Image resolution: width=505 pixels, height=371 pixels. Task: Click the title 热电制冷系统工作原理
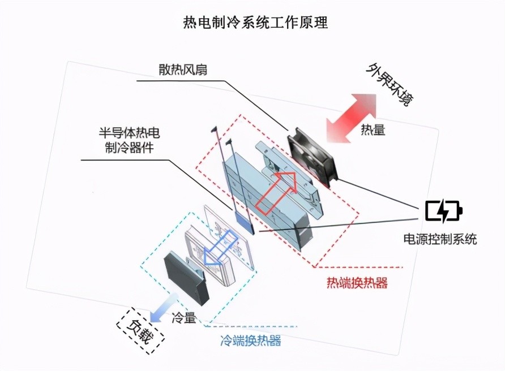tap(255, 23)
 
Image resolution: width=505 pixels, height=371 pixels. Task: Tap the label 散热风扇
tap(183, 70)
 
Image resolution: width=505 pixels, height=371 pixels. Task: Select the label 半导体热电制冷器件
tap(130, 140)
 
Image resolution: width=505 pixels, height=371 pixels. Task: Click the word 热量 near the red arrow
tap(373, 130)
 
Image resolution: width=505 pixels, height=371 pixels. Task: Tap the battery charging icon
tap(444, 211)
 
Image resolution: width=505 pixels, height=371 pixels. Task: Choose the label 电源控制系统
tap(440, 239)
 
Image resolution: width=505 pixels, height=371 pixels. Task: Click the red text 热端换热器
tap(357, 283)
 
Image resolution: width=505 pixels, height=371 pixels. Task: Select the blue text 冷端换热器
tap(251, 340)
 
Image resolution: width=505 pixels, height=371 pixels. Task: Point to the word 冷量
tap(184, 318)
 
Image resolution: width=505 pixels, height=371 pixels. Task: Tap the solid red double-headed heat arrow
tap(351, 118)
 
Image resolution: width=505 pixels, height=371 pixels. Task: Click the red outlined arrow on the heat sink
tap(276, 193)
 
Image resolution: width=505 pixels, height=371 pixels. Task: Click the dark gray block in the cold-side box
tap(186, 279)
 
